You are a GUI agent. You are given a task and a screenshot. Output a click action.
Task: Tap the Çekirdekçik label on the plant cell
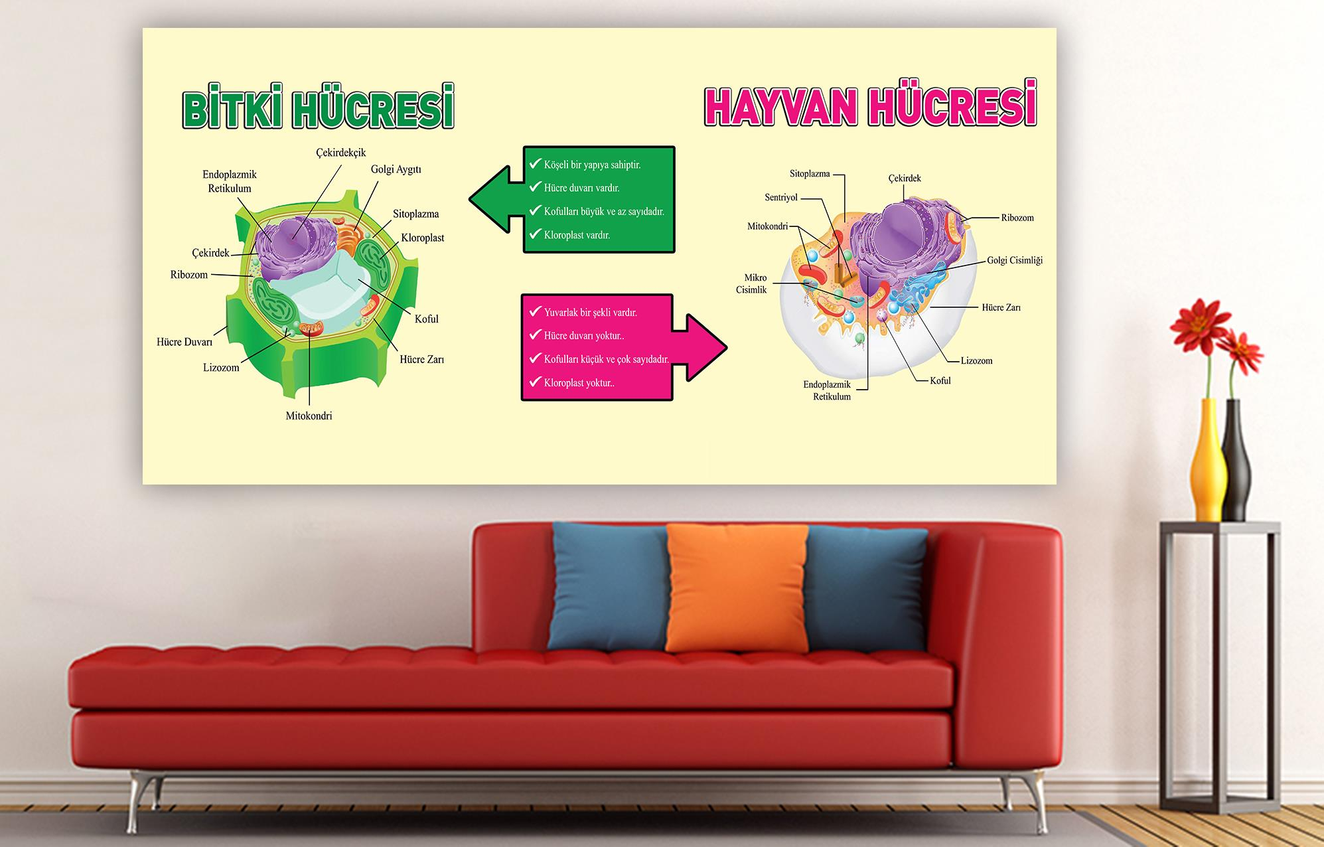tap(340, 153)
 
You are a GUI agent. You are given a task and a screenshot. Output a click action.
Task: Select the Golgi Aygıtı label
tap(396, 169)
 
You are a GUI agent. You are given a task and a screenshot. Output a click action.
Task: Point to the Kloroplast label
tap(422, 238)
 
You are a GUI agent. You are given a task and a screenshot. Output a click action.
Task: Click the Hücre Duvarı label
tap(184, 342)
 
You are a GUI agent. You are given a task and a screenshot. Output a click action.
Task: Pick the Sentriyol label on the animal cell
tap(781, 197)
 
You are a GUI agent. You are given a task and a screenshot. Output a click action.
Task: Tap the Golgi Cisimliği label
tap(1015, 260)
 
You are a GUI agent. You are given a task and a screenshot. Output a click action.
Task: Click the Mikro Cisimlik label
tap(752, 283)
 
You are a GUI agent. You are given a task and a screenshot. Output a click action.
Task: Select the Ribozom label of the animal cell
tap(1017, 218)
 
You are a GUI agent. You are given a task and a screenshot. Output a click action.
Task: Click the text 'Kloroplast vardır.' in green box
tap(577, 235)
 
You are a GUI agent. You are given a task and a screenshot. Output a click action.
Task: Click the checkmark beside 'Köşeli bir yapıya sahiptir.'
tap(535, 163)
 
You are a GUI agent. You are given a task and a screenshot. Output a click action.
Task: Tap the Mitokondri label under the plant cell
tap(309, 416)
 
